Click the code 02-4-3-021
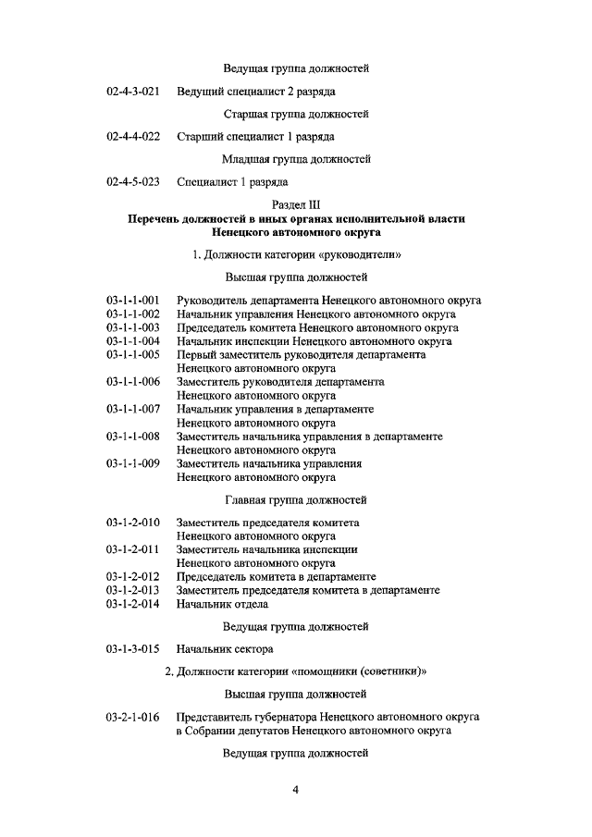pos(133,92)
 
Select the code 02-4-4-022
pos(133,137)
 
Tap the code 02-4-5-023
pos(133,181)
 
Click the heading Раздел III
pos(296,204)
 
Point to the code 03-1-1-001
pos(133,300)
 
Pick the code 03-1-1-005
pos(133,354)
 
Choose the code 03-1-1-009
pos(133,463)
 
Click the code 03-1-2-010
pos(133,523)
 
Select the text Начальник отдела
pos(223,604)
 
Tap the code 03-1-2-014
pos(133,604)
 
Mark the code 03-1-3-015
pos(133,649)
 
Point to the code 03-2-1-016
pos(133,717)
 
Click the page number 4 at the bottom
pos(296,790)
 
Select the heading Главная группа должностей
pos(296,500)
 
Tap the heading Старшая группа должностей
pos(296,115)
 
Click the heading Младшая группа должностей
pos(296,159)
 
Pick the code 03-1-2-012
pos(133,576)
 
